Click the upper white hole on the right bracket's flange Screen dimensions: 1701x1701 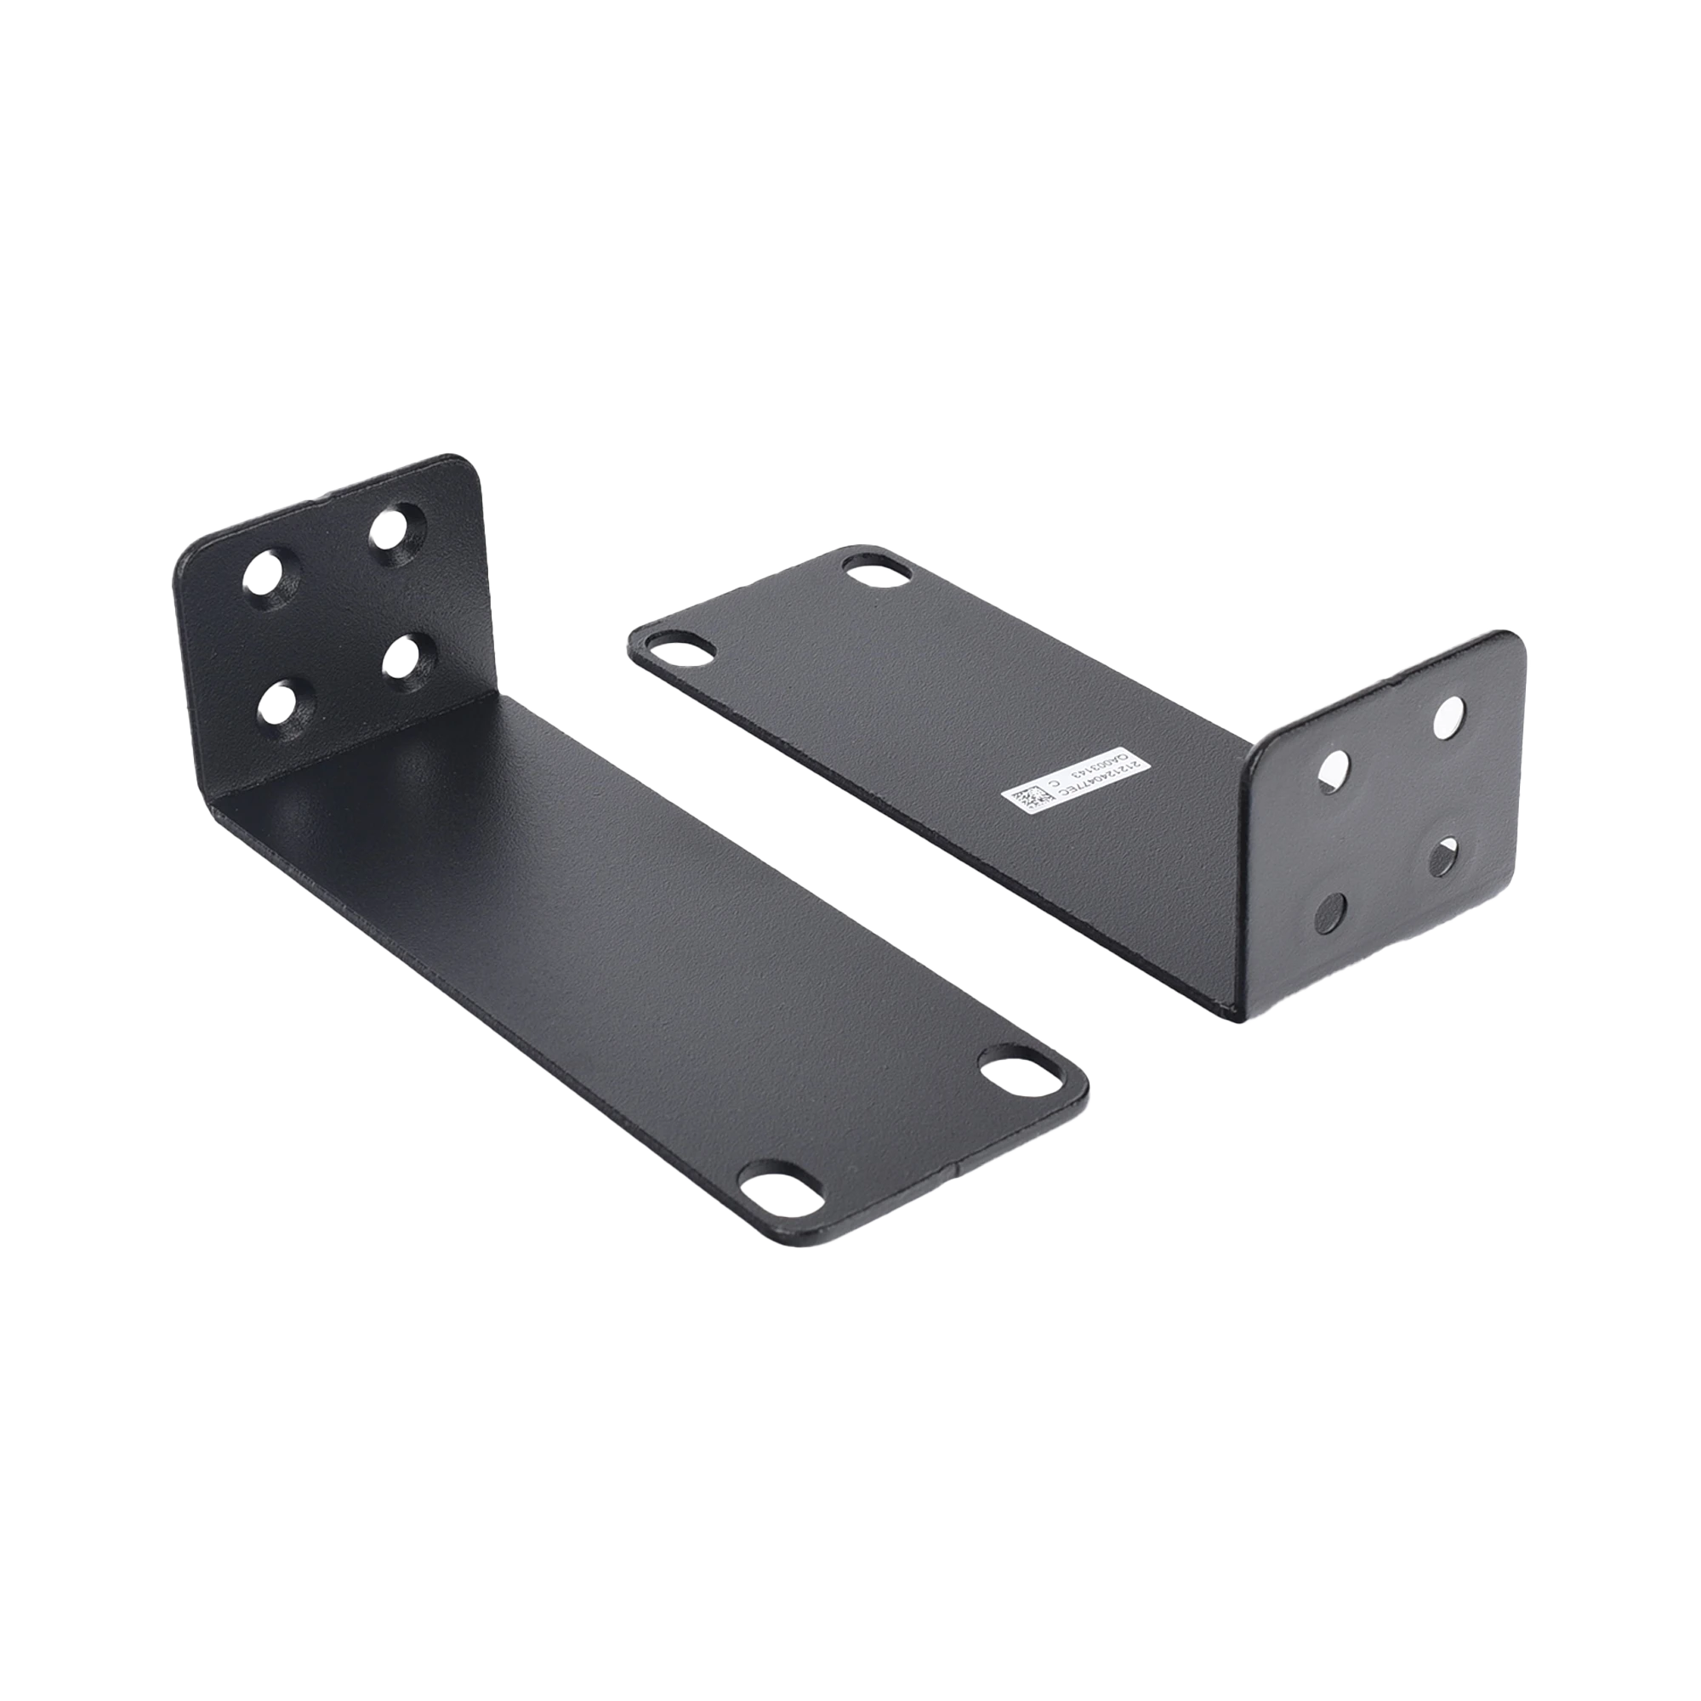coord(1448,718)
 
